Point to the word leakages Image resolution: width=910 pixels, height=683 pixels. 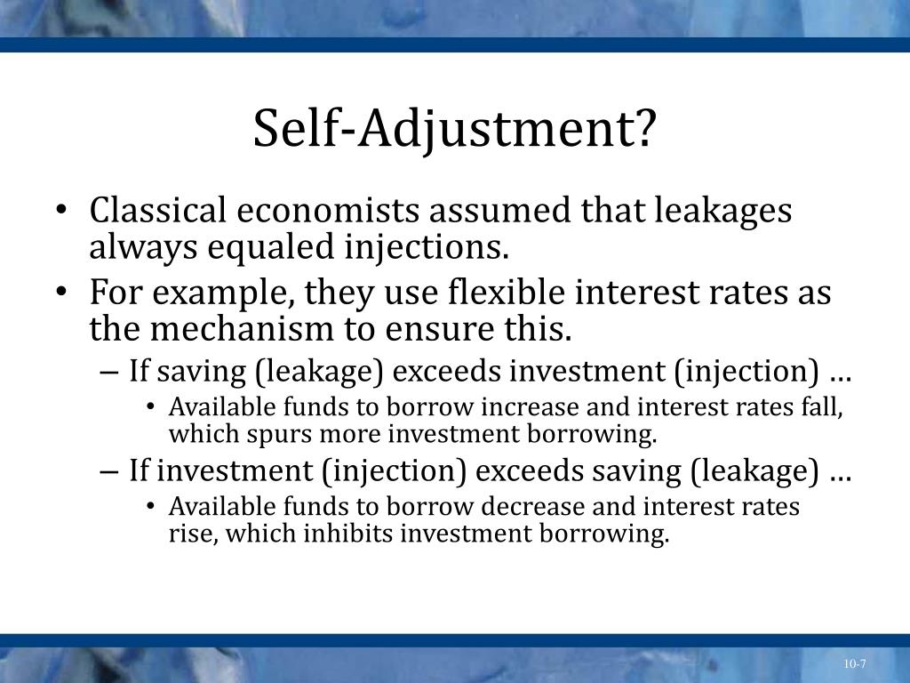[723, 212]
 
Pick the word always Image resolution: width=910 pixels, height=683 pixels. [142, 247]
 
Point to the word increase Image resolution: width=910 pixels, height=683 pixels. [523, 407]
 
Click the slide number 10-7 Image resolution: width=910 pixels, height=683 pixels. [855, 664]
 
